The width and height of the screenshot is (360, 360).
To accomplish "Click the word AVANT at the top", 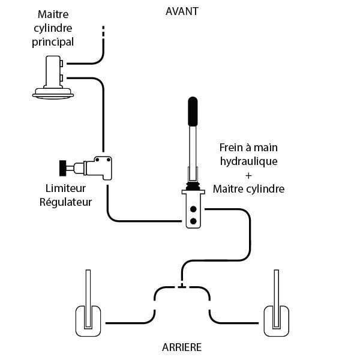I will tap(182, 11).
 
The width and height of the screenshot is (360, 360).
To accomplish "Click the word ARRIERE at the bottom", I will tap(182, 347).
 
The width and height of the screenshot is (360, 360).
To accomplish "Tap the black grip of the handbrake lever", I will tap(193, 111).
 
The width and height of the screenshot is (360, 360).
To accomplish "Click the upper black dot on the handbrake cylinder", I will tap(193, 209).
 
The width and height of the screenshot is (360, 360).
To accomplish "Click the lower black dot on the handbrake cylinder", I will tap(193, 221).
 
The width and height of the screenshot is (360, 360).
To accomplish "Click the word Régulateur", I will tap(65, 202).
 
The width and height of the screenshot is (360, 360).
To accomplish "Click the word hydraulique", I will tap(248, 161).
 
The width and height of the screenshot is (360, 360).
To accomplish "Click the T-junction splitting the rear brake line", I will tap(182, 286).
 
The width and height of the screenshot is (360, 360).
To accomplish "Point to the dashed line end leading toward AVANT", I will tap(104, 33).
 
